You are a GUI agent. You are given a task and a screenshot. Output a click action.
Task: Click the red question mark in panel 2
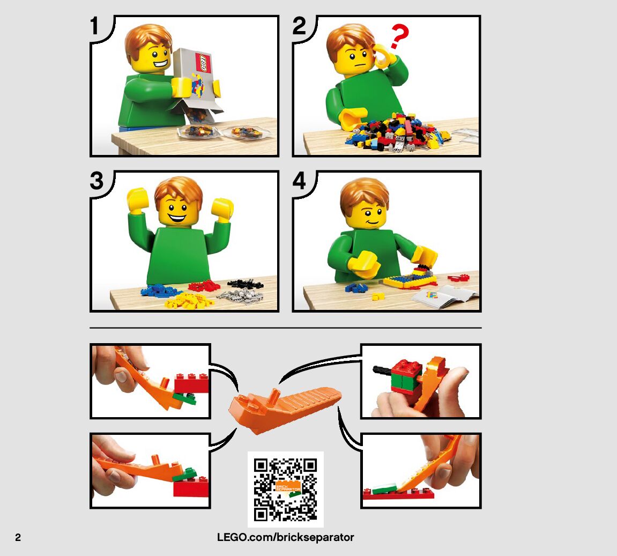coord(399,36)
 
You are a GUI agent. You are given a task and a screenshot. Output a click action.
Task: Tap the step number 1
coord(94,26)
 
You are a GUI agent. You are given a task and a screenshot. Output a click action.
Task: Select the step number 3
coord(96,181)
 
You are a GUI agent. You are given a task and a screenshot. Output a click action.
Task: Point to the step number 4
coord(299,181)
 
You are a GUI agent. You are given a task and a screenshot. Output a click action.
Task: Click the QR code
coord(285,489)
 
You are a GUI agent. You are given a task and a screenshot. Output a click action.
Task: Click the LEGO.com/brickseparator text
coord(285,538)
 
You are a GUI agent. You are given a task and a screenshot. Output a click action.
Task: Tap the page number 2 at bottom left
coord(18,538)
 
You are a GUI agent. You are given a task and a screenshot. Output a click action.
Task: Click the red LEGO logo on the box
coord(204,63)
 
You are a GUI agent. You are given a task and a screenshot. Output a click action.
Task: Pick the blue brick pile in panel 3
coord(160,291)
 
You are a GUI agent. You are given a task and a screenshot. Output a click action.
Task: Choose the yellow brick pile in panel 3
coord(189,300)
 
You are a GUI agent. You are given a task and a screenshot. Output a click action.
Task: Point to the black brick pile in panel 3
coord(245,284)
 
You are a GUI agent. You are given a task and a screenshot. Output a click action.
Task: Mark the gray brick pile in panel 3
coord(240,296)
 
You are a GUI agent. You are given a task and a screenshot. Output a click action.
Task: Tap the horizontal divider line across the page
coord(285,328)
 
